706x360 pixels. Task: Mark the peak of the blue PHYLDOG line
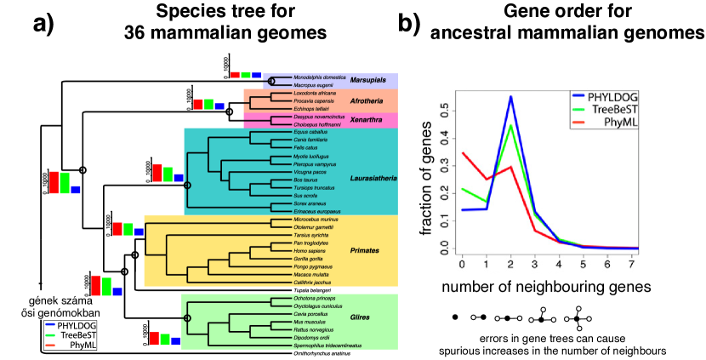tap(510, 97)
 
